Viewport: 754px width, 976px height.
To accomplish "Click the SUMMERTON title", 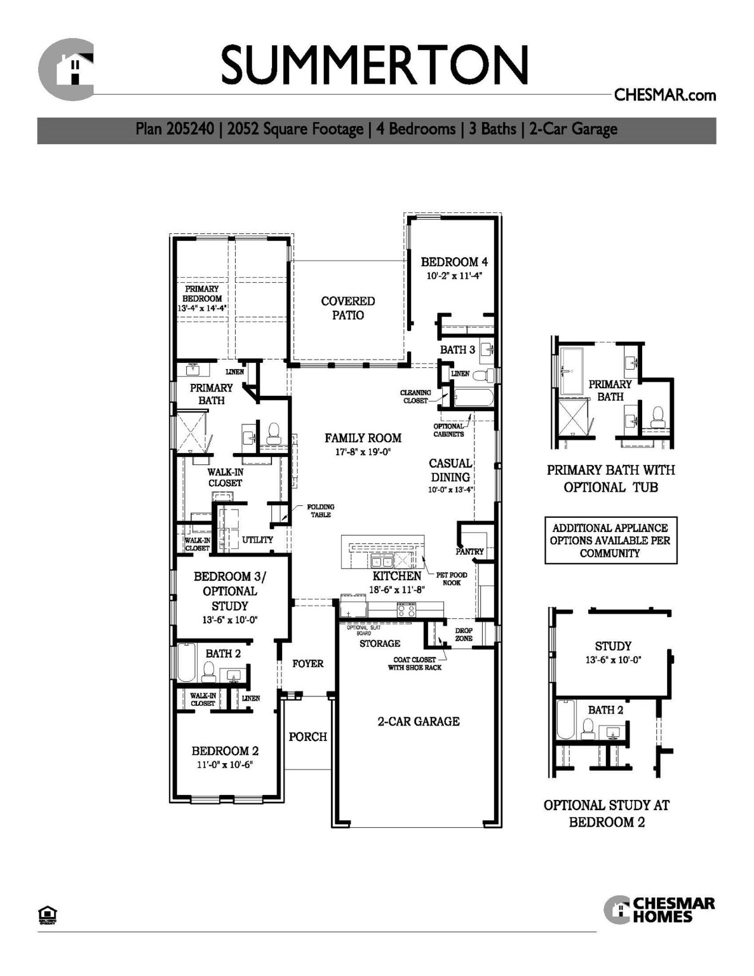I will (x=375, y=65).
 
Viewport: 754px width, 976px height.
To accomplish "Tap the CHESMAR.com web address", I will (x=664, y=95).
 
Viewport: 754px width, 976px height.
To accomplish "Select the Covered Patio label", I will (x=347, y=308).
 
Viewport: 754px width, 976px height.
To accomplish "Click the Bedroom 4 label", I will (x=454, y=262).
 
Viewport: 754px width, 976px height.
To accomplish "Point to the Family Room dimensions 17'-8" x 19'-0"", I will (x=363, y=452).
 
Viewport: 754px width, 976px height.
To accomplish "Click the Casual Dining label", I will (x=450, y=470).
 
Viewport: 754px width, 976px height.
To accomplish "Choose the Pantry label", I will (x=469, y=552).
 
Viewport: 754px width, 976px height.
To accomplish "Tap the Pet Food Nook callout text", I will (x=452, y=578).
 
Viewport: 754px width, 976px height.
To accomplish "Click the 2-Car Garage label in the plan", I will (x=419, y=721).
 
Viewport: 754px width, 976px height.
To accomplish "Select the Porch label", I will (x=307, y=737).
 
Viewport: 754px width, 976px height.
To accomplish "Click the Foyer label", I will (x=308, y=663).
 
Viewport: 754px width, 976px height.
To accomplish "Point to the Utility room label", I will (x=257, y=539).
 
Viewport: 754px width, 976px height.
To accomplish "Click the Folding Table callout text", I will (x=321, y=511).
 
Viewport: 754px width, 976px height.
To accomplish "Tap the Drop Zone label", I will (x=464, y=634).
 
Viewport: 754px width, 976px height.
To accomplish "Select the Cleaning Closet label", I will (x=415, y=396).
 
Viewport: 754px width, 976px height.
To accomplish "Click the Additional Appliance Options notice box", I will (x=610, y=541).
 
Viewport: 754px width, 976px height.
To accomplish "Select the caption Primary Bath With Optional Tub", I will (x=610, y=478).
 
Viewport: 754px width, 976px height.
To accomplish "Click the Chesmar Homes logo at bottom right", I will (x=659, y=910).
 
